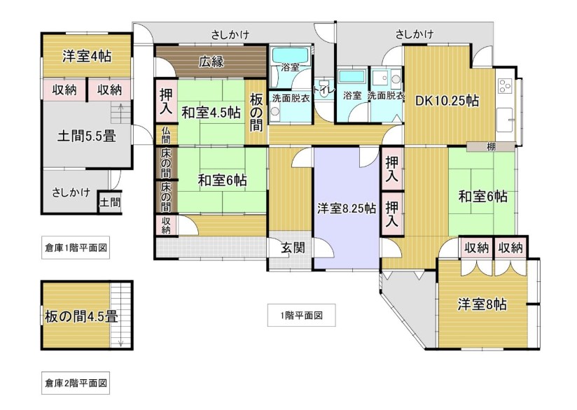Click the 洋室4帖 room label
(x=87, y=56)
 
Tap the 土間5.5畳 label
(x=87, y=136)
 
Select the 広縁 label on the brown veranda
(x=211, y=62)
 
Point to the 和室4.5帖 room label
(x=211, y=112)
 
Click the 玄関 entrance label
(x=293, y=248)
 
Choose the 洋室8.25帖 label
(x=347, y=208)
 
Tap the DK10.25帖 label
(x=447, y=100)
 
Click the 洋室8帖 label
(x=482, y=304)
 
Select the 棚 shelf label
(x=492, y=147)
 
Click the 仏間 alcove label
(x=166, y=135)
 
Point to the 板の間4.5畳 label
(x=81, y=316)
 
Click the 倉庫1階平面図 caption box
(x=76, y=248)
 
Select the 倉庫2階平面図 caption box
(x=76, y=383)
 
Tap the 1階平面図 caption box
(x=301, y=315)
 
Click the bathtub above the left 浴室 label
(x=290, y=56)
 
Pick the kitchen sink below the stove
(x=505, y=120)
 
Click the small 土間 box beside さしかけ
(x=110, y=202)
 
